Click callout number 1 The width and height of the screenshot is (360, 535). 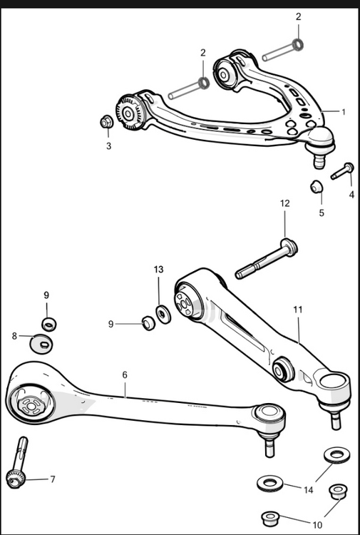click(x=343, y=112)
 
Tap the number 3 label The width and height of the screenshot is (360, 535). click(x=108, y=146)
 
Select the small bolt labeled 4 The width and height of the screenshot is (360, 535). click(x=343, y=171)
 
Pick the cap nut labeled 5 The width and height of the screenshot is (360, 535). click(x=317, y=188)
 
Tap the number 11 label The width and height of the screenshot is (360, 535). click(x=298, y=310)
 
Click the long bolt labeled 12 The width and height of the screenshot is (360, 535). click(x=265, y=260)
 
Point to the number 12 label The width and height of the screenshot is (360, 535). click(x=284, y=203)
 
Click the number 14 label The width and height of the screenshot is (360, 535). click(x=309, y=490)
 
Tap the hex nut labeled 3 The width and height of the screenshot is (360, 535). click(x=106, y=122)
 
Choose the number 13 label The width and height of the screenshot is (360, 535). click(x=158, y=270)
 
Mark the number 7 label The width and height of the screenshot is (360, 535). click(x=52, y=479)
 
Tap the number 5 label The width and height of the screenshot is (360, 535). click(x=321, y=213)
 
